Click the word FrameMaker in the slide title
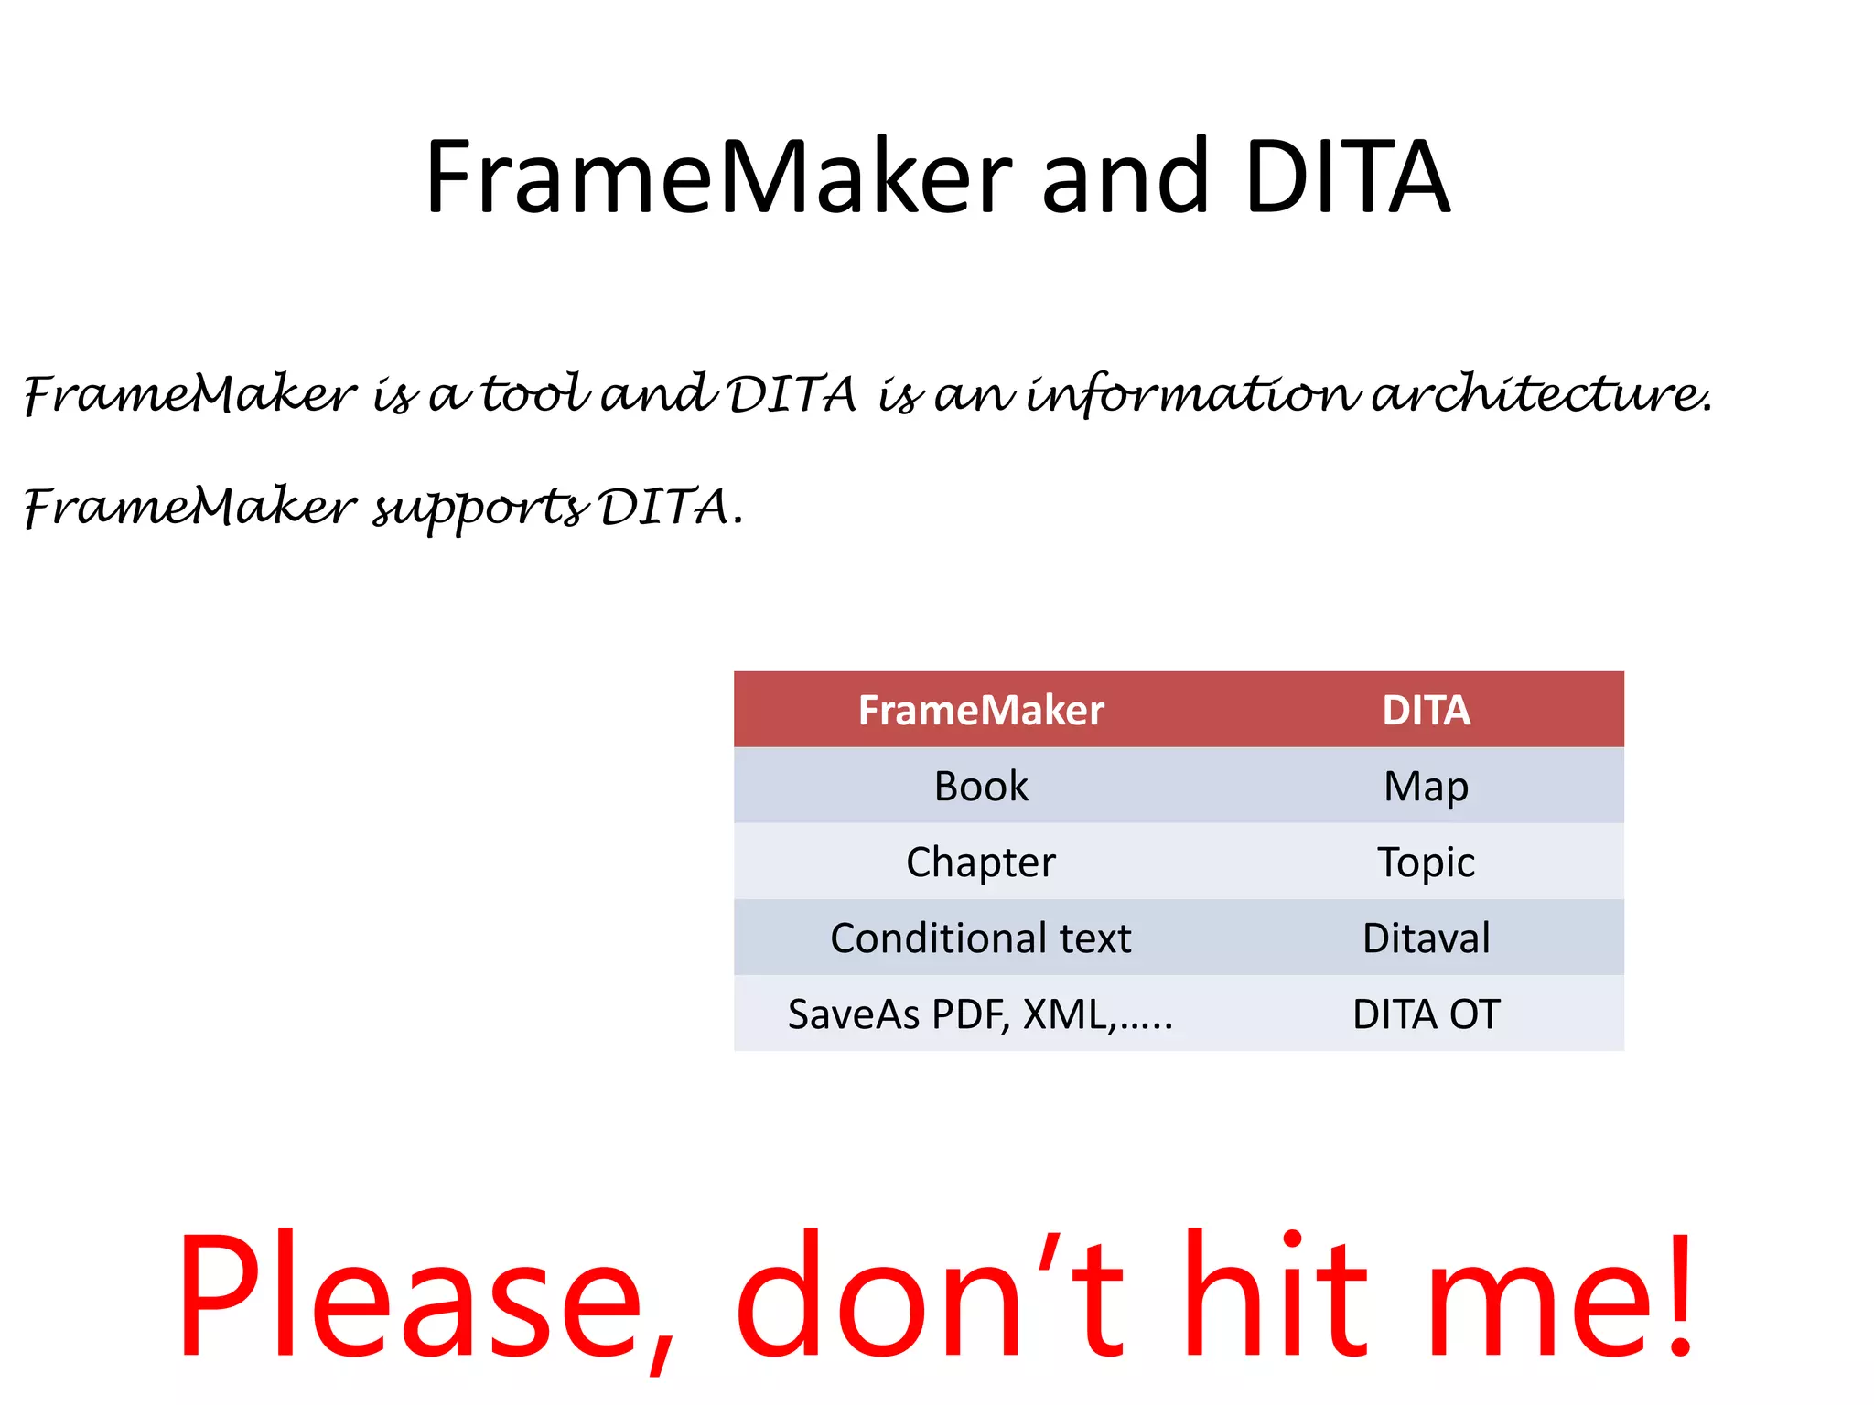click(719, 177)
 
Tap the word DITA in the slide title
click(1347, 177)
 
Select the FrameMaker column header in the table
click(981, 711)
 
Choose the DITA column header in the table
click(1426, 711)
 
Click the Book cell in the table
click(981, 787)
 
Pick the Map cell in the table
click(1426, 787)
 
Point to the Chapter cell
click(981, 863)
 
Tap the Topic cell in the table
click(1426, 863)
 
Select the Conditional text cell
click(981, 938)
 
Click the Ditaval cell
click(1426, 938)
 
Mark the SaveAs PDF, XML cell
click(981, 1014)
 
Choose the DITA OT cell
click(1426, 1014)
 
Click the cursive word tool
click(535, 395)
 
